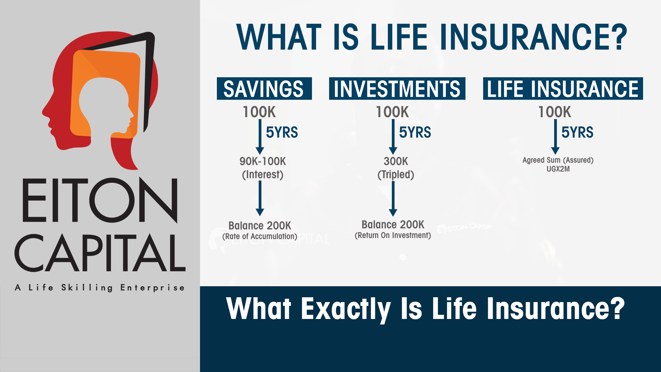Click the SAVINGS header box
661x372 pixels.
[264, 89]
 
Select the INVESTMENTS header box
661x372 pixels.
[397, 89]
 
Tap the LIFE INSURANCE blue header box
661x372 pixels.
[563, 89]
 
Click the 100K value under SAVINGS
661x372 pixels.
[259, 112]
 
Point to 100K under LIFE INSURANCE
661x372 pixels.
[555, 112]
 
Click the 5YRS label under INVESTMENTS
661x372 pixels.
[415, 132]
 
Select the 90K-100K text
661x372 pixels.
[263, 161]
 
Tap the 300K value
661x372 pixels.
[396, 161]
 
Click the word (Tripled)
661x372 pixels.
[396, 175]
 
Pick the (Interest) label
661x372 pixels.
[263, 175]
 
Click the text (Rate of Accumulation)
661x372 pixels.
[260, 236]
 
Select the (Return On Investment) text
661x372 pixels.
[393, 235]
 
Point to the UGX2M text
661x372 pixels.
[558, 169]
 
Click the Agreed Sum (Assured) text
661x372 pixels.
[558, 160]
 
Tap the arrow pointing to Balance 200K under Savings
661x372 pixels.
[260, 198]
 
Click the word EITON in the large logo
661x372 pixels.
[100, 200]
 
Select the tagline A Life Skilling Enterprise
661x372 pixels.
[100, 288]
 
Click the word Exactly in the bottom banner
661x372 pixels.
[346, 309]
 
